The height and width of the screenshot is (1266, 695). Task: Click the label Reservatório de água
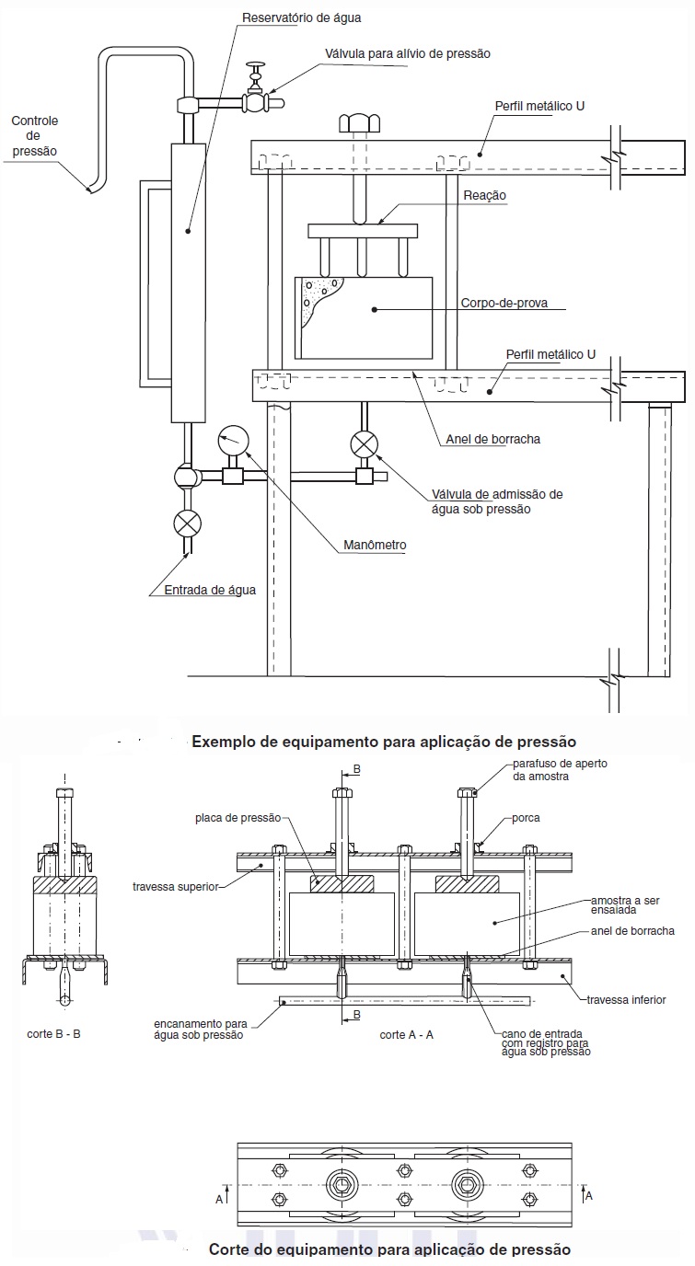301,18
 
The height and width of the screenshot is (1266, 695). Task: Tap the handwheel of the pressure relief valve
257,66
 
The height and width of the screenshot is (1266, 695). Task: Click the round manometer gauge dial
233,440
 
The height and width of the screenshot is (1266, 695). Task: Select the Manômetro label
375,546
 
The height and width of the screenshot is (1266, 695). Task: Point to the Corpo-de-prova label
504,303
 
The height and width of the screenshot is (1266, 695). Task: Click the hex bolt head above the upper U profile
359,122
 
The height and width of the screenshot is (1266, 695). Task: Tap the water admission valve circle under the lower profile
365,443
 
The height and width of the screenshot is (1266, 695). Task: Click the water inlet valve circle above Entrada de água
187,523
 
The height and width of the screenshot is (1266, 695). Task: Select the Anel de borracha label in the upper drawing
492,439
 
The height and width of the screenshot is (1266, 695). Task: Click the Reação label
484,196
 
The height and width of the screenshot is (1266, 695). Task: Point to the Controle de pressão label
34,135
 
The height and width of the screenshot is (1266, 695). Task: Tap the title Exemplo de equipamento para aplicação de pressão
384,742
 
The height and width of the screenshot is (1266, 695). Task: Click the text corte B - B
53,1034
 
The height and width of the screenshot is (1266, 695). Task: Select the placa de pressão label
238,818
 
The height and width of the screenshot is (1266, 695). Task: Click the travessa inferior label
626,1000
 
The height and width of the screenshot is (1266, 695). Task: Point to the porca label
526,818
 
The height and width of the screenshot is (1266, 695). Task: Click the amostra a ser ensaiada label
625,904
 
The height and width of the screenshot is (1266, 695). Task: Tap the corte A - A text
407,1034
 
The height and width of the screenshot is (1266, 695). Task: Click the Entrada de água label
210,590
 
